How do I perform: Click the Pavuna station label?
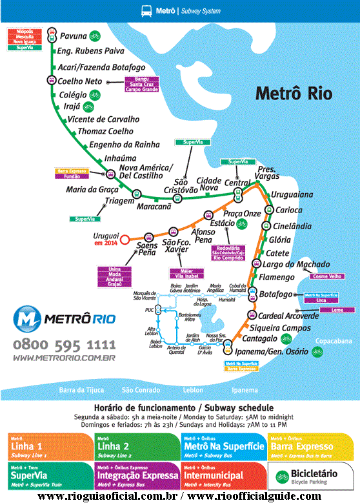coord(73,36)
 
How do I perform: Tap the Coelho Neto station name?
coord(80,81)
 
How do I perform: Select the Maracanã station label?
coord(154,206)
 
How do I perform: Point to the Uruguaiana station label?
coord(292,194)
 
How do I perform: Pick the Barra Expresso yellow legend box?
coord(311,446)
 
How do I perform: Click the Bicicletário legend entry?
coord(311,476)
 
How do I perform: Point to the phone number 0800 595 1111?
coord(64,344)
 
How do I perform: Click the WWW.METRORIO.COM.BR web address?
coord(64,357)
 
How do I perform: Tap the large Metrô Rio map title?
coord(294,93)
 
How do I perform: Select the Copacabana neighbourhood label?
coord(334,341)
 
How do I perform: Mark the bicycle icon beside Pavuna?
coord(95,36)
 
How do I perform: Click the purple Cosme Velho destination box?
coord(328,276)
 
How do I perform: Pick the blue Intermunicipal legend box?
coord(223,476)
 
